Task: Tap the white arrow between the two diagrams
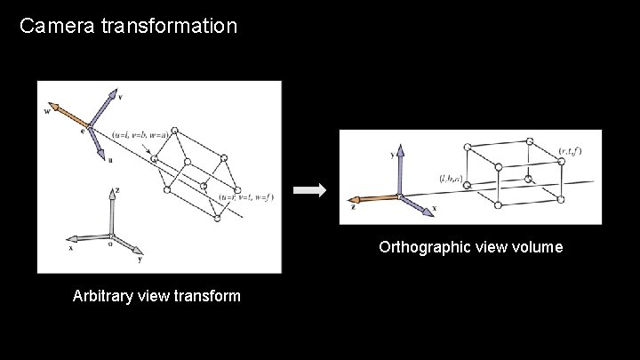click(x=310, y=189)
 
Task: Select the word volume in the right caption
click(x=536, y=247)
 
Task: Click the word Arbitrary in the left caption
click(x=103, y=296)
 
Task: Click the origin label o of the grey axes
click(x=109, y=243)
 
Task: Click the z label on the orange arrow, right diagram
click(x=353, y=206)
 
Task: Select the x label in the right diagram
click(x=434, y=210)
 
